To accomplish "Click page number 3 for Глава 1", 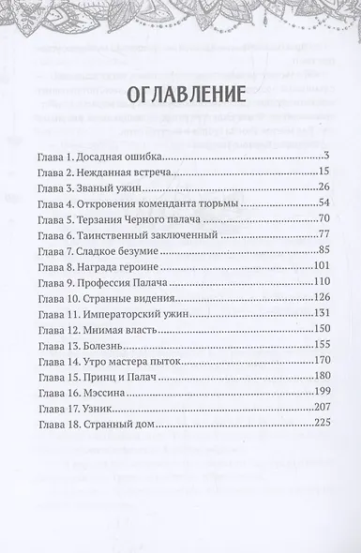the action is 323,156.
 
